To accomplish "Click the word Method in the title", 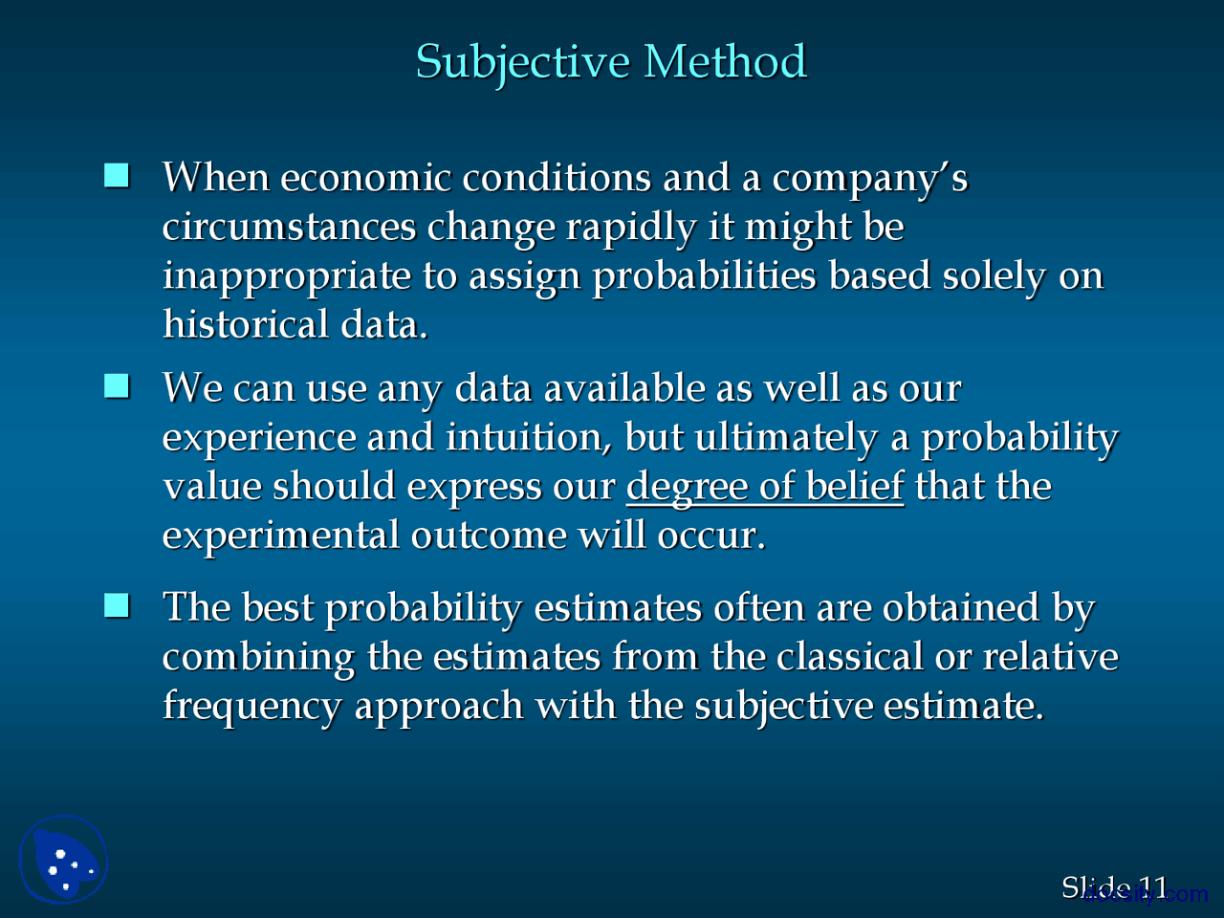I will click(x=725, y=62).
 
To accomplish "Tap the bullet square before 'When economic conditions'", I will click(x=117, y=176).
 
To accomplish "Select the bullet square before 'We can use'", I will click(x=117, y=386).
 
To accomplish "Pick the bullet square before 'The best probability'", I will click(x=117, y=606).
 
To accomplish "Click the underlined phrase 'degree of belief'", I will click(x=764, y=487).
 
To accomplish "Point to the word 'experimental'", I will click(x=281, y=535).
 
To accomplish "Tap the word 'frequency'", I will click(x=251, y=707).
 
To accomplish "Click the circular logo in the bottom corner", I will click(x=64, y=859).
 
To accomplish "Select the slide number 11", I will click(x=1153, y=887).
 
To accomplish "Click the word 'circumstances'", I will click(x=289, y=228).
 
